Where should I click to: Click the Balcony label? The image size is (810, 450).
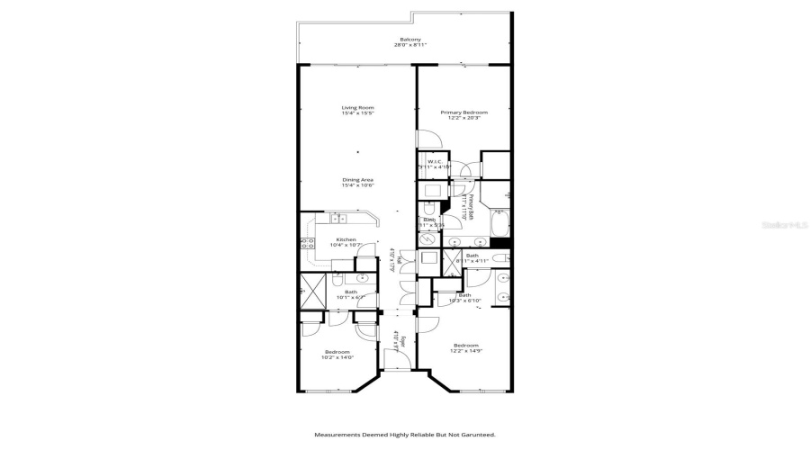pos(410,40)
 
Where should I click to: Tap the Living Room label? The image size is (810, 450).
pos(357,107)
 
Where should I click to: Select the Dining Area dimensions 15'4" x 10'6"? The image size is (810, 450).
pos(357,184)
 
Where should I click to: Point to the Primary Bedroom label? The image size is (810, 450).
pos(460,112)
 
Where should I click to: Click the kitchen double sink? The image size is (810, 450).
pos(337,218)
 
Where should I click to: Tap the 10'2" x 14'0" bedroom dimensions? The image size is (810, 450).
pos(337,357)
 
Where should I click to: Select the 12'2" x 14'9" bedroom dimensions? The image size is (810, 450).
pos(465,352)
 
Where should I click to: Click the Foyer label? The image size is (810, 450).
pos(402,340)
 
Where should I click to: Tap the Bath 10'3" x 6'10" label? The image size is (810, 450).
pos(464,298)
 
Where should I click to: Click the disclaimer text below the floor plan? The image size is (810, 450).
pos(404,435)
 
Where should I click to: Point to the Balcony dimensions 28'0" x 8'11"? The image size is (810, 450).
pos(410,46)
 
